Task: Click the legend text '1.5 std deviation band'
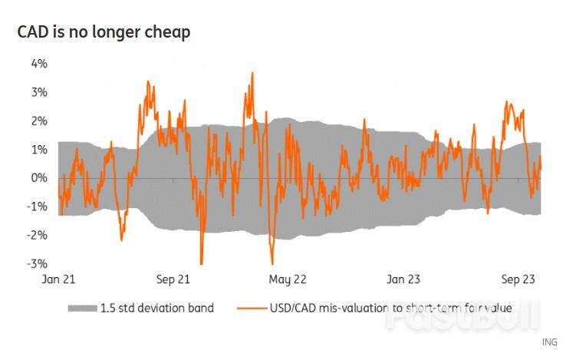click(x=156, y=308)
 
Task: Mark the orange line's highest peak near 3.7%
click(x=252, y=73)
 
